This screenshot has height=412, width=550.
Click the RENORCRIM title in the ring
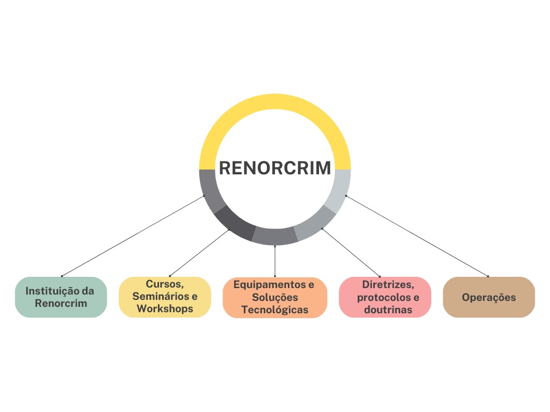click(x=274, y=168)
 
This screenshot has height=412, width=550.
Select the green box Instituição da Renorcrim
click(x=61, y=297)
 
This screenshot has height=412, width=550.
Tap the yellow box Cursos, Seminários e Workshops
click(x=164, y=297)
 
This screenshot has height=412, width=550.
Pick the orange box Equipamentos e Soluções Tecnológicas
click(x=274, y=297)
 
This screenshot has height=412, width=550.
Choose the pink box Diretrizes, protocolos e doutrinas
click(x=385, y=297)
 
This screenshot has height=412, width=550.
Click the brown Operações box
click(x=489, y=297)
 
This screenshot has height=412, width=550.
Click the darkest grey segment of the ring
click(x=234, y=223)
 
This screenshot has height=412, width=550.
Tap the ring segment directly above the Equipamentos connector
click(x=274, y=236)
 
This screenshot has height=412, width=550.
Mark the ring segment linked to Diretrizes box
click(x=315, y=223)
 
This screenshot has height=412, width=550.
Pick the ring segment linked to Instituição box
click(x=209, y=190)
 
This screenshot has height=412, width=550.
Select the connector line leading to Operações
click(x=417, y=236)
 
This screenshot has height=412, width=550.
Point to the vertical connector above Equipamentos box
click(x=275, y=261)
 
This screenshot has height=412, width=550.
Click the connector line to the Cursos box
click(x=199, y=253)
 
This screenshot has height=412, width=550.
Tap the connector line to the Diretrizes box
click(x=351, y=253)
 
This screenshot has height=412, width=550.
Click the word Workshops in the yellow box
click(x=164, y=309)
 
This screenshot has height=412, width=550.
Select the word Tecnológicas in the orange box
click(x=274, y=310)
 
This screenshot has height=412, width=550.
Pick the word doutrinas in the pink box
click(x=385, y=310)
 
